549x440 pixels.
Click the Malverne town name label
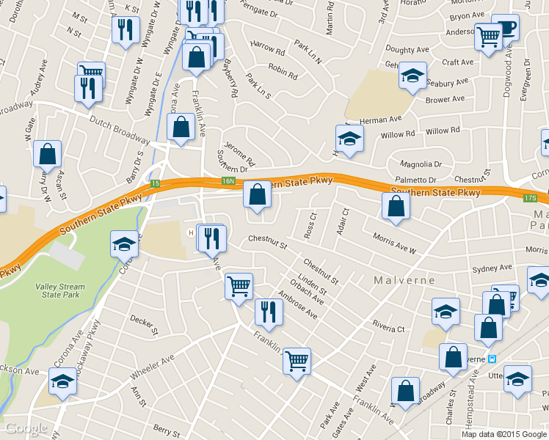[404, 281]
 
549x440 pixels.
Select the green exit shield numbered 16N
[228, 181]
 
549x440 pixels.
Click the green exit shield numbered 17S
[531, 198]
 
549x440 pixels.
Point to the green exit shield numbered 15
[155, 183]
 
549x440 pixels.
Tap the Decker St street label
[144, 323]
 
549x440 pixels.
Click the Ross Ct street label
[309, 226]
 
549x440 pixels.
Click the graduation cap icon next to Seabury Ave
[413, 76]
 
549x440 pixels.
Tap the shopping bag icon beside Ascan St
[48, 154]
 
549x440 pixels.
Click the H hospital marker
[192, 233]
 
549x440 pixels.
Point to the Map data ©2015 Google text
[503, 433]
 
